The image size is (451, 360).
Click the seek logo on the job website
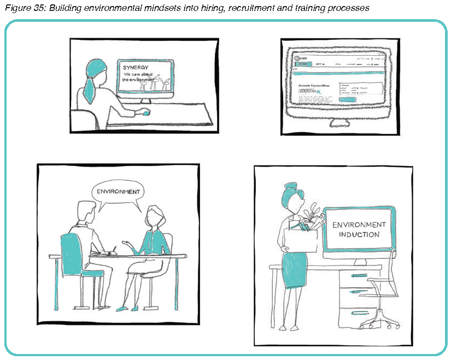pos(300,58)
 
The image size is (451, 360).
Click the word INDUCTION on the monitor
pos(359,235)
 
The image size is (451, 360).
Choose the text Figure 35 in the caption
pos(21,8)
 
